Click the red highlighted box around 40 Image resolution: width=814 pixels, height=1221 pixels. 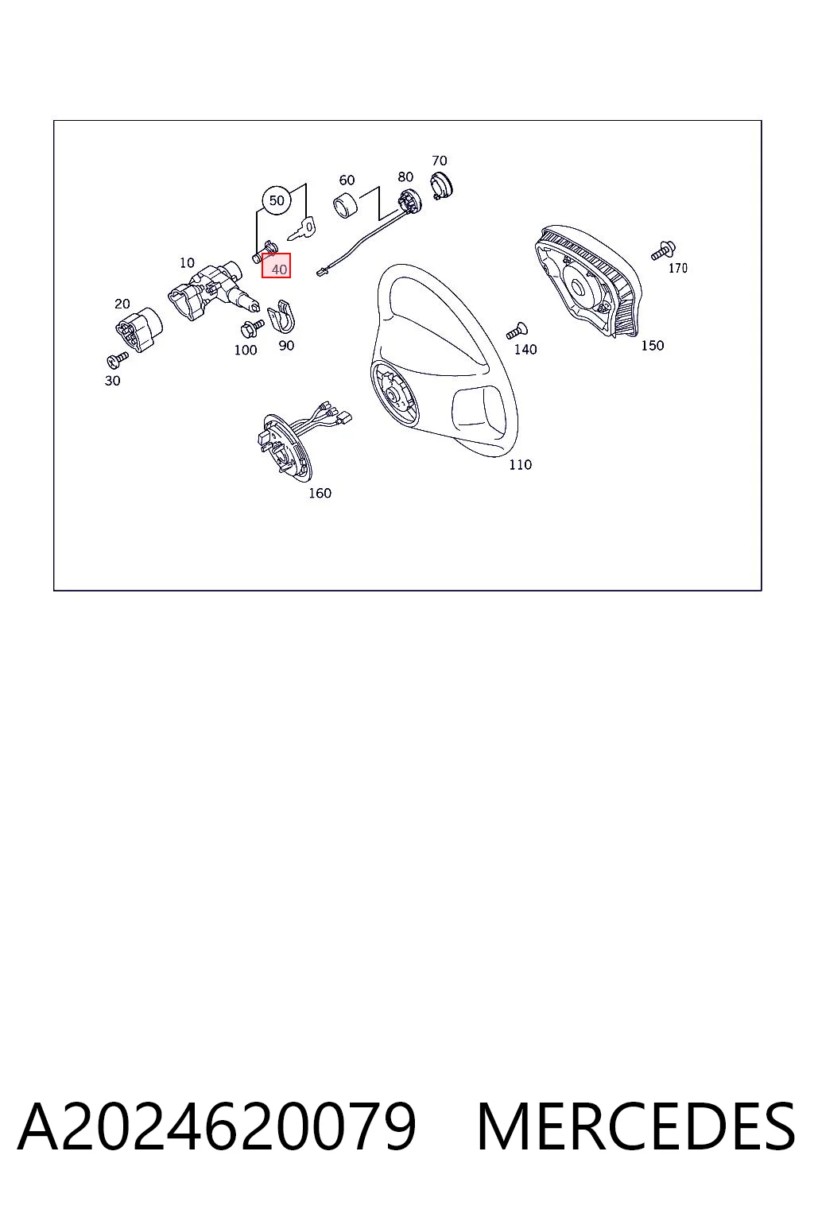click(x=276, y=266)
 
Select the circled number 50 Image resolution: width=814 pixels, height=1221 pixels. click(x=277, y=200)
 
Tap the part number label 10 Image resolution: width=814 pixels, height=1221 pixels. click(x=187, y=263)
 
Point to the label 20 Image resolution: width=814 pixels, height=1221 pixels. click(x=122, y=304)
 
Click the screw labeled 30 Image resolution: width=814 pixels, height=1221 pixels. click(x=117, y=359)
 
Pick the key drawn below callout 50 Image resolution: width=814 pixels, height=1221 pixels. click(x=301, y=228)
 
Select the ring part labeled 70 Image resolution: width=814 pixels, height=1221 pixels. click(x=443, y=185)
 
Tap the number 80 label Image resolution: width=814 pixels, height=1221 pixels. click(x=405, y=176)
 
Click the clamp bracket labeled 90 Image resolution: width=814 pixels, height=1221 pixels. click(x=281, y=316)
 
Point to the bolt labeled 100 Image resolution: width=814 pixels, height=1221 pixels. click(x=251, y=328)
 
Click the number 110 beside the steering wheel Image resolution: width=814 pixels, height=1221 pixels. click(x=520, y=464)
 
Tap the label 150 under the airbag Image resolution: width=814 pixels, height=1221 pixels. click(x=652, y=345)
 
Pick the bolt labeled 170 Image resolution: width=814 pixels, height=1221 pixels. click(x=664, y=250)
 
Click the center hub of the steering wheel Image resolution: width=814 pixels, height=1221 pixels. click(x=395, y=393)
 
